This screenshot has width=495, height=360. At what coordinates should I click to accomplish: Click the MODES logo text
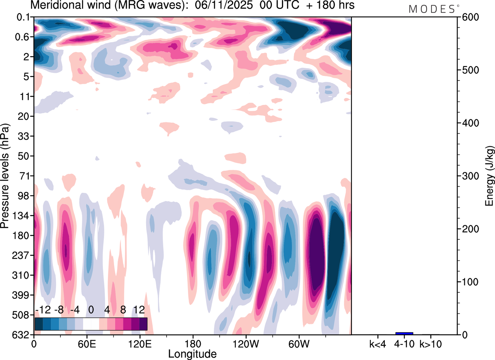click(x=432, y=9)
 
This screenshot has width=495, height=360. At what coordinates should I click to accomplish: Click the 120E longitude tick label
click(x=140, y=343)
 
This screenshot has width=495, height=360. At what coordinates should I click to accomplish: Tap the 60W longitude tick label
click(x=298, y=343)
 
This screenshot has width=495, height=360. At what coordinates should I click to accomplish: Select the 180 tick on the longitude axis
click(x=193, y=343)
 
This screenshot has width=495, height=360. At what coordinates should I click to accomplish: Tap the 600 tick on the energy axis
click(x=469, y=17)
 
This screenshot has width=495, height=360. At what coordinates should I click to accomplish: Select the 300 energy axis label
click(x=469, y=176)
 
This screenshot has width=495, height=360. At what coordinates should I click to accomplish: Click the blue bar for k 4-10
click(x=404, y=333)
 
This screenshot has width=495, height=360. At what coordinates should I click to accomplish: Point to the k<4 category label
click(x=377, y=343)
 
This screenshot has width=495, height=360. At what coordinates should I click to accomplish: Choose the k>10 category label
click(x=430, y=343)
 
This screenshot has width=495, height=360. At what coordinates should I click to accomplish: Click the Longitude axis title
click(x=192, y=353)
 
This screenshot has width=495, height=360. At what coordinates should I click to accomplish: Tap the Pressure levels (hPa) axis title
click(x=5, y=176)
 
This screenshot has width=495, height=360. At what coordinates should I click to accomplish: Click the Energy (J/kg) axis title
click(x=490, y=176)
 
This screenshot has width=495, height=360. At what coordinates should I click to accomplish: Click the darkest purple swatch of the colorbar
click(x=143, y=324)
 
